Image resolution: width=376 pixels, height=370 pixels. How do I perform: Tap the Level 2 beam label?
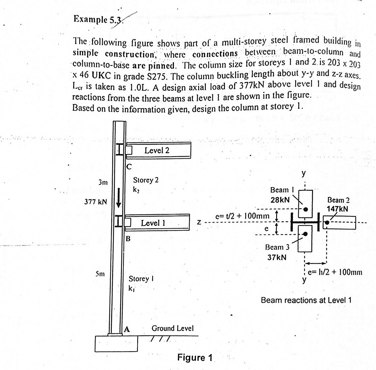(x=157, y=151)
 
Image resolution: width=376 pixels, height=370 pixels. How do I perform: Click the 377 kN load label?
(x=96, y=202)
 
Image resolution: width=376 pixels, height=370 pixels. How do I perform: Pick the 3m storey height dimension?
(x=104, y=182)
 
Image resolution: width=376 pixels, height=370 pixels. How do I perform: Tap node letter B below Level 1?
(x=128, y=238)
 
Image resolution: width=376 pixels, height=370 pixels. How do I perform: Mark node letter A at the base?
(x=127, y=329)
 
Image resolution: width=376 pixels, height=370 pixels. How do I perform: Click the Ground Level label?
(x=172, y=328)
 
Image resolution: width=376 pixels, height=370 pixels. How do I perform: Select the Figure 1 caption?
(x=195, y=357)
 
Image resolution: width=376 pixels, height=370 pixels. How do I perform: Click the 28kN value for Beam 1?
(x=280, y=200)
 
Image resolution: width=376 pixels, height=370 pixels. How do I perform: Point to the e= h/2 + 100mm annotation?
(x=335, y=272)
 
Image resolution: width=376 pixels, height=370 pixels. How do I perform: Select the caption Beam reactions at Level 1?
(x=306, y=300)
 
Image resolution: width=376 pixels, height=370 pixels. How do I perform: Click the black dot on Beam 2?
(x=327, y=223)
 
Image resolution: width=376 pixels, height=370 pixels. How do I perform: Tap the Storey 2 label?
(x=145, y=180)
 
